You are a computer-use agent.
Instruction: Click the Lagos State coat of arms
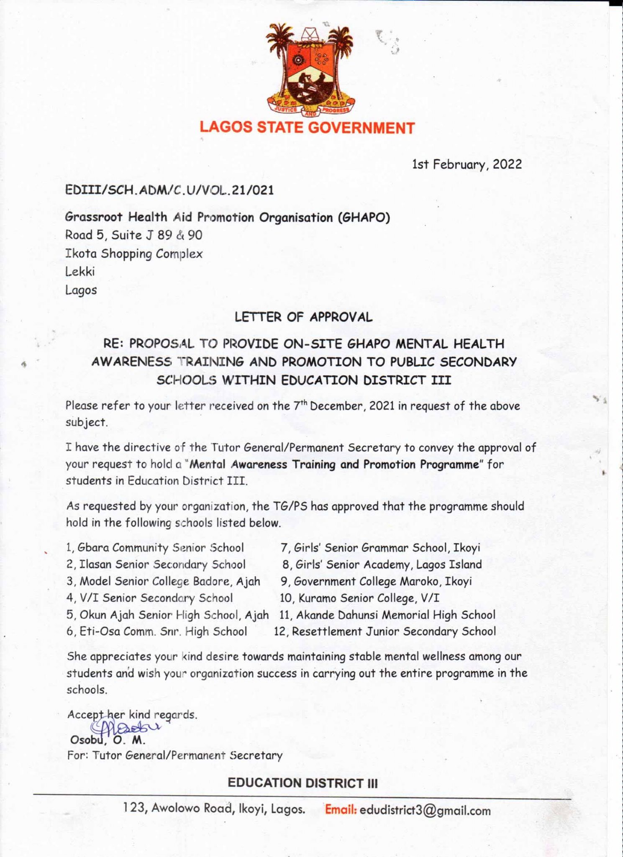pyautogui.click(x=311, y=71)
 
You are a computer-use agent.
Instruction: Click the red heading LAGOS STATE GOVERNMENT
pyautogui.click(x=307, y=128)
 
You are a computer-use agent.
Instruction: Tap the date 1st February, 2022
pyautogui.click(x=467, y=164)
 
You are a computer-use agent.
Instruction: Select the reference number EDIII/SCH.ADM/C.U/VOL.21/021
pyautogui.click(x=169, y=190)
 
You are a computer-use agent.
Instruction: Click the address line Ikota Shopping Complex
pyautogui.click(x=134, y=254)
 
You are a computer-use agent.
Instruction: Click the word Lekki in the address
pyautogui.click(x=80, y=272)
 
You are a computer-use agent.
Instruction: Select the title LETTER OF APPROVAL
pyautogui.click(x=303, y=317)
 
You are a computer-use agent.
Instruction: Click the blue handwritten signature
pyautogui.click(x=126, y=726)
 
